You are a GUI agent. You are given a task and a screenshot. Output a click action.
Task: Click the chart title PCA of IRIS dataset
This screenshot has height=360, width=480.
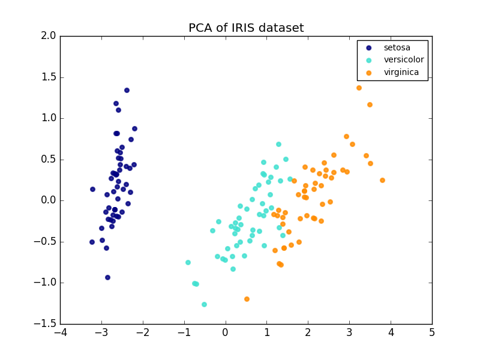click(x=246, y=28)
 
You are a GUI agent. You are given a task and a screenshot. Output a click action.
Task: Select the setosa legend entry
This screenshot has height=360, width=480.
click(x=396, y=48)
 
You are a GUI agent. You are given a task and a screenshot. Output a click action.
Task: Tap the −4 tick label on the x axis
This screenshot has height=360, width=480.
click(x=60, y=334)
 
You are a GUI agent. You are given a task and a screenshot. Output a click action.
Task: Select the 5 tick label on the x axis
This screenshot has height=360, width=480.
click(x=432, y=334)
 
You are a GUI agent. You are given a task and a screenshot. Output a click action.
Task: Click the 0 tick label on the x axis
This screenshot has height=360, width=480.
click(x=226, y=334)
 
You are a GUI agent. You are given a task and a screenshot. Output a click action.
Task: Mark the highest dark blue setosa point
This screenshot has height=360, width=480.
click(x=127, y=90)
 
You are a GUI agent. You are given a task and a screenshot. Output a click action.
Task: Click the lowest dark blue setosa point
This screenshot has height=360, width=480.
click(x=107, y=277)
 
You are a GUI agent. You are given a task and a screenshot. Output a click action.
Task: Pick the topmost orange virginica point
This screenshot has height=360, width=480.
click(x=359, y=88)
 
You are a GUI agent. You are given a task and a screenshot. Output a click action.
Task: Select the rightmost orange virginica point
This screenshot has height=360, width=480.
click(x=382, y=180)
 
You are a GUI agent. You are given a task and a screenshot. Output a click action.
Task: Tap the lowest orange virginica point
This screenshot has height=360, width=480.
click(x=247, y=299)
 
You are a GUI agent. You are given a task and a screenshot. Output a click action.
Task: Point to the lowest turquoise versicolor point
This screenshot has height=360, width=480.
click(x=204, y=304)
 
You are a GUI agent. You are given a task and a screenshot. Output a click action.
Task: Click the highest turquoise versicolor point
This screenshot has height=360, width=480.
click(x=278, y=144)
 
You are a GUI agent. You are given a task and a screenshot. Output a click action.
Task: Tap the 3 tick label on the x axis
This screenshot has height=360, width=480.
click(x=349, y=334)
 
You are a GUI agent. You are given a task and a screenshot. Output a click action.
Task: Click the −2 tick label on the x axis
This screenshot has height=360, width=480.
click(x=142, y=334)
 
